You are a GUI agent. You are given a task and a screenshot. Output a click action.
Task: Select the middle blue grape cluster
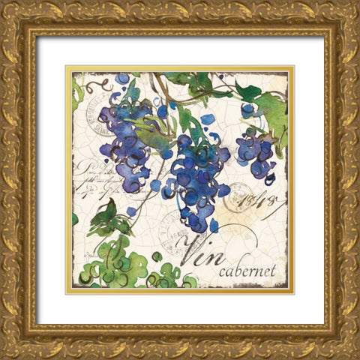[193, 180]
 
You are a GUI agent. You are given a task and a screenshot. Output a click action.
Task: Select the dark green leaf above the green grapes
[104, 220]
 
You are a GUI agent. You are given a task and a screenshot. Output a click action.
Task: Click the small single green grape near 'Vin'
[157, 256]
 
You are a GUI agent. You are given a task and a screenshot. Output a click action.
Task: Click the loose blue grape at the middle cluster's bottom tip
[213, 225]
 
